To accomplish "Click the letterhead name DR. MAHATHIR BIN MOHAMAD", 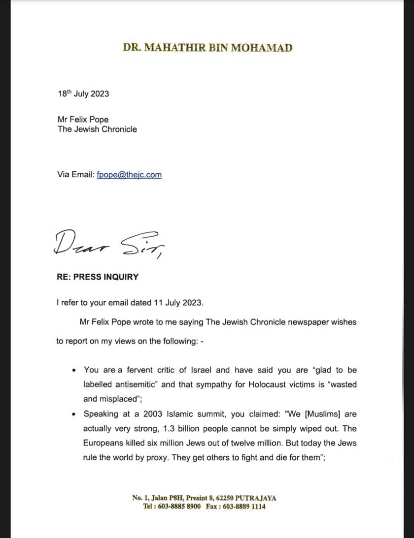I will [207, 48].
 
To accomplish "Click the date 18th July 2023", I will [83, 94].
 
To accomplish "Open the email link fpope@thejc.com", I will [129, 175].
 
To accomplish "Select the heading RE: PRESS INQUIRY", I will [98, 277].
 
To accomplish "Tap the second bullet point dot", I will [74, 414].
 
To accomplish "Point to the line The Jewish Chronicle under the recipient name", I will [97, 129].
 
